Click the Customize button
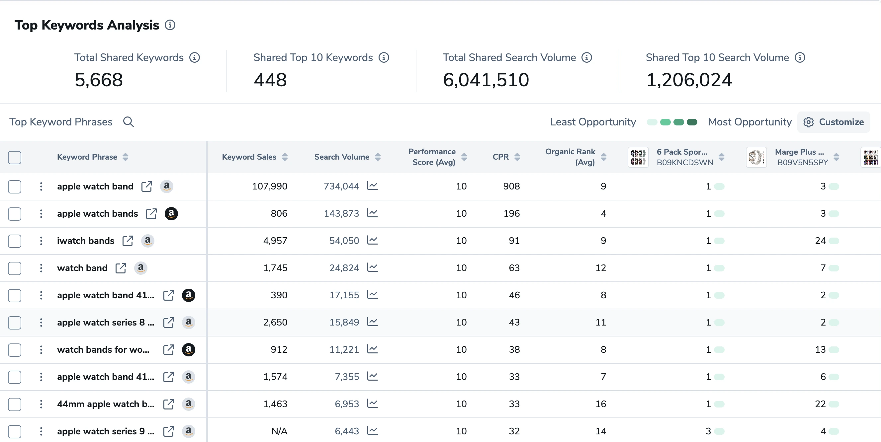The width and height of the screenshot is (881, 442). click(834, 122)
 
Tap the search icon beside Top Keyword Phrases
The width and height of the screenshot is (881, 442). click(128, 122)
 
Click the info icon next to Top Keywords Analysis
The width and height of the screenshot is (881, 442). click(170, 25)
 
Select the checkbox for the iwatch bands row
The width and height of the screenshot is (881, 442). click(15, 241)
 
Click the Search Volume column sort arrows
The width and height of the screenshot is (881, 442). click(378, 157)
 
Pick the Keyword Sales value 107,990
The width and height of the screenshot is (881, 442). click(270, 186)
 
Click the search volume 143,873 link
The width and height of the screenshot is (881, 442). click(341, 214)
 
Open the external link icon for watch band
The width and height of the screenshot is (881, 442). click(121, 268)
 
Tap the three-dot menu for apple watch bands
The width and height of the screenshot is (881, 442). click(41, 214)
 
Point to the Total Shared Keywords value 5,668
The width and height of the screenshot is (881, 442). click(99, 80)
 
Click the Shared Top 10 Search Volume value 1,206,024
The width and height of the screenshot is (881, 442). click(689, 80)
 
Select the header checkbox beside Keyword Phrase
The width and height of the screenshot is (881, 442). click(15, 158)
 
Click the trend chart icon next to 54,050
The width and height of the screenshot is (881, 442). click(372, 240)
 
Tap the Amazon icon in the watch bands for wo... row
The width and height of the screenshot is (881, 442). click(188, 349)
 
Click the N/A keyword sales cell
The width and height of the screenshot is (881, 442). click(279, 431)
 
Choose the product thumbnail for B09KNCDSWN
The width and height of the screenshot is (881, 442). click(638, 157)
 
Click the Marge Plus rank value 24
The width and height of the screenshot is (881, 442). click(820, 241)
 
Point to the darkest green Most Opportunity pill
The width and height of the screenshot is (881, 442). click(691, 122)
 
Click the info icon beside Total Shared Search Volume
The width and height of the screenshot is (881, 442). click(586, 57)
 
